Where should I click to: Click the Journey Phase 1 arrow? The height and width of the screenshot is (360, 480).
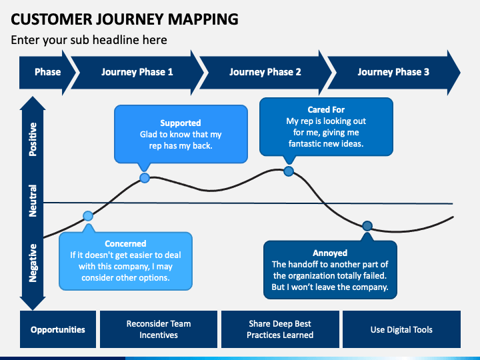pyautogui.click(x=137, y=72)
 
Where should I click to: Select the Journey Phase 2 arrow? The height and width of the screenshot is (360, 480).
pyautogui.click(x=265, y=72)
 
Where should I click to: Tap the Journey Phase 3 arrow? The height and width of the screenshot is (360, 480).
pyautogui.click(x=394, y=72)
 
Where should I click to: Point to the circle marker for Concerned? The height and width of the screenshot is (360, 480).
pyautogui.click(x=88, y=216)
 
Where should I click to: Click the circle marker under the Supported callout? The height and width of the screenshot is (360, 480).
pyautogui.click(x=145, y=177)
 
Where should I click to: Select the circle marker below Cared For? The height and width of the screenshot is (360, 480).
pyautogui.click(x=289, y=171)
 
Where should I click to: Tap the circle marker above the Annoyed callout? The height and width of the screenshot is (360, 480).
pyautogui.click(x=367, y=226)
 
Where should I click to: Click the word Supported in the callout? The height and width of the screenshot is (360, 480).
pyautogui.click(x=181, y=123)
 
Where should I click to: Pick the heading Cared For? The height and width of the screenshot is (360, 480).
pyautogui.click(x=326, y=109)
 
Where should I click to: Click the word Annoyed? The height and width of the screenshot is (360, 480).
pyautogui.click(x=330, y=253)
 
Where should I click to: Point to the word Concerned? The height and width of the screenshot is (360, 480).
pyautogui.click(x=125, y=244)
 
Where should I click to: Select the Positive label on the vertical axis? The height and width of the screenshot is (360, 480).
pyautogui.click(x=33, y=139)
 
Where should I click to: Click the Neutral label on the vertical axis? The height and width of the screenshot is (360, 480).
pyautogui.click(x=33, y=201)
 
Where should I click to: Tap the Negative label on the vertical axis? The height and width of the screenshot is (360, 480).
pyautogui.click(x=33, y=263)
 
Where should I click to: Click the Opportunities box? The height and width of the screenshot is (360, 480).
pyautogui.click(x=58, y=329)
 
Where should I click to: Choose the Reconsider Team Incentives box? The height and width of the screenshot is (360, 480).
pyautogui.click(x=159, y=329)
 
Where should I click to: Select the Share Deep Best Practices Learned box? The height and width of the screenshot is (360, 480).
pyautogui.click(x=280, y=329)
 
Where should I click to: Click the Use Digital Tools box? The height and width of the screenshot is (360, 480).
pyautogui.click(x=401, y=329)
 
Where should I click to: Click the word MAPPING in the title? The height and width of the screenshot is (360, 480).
pyautogui.click(x=203, y=19)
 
